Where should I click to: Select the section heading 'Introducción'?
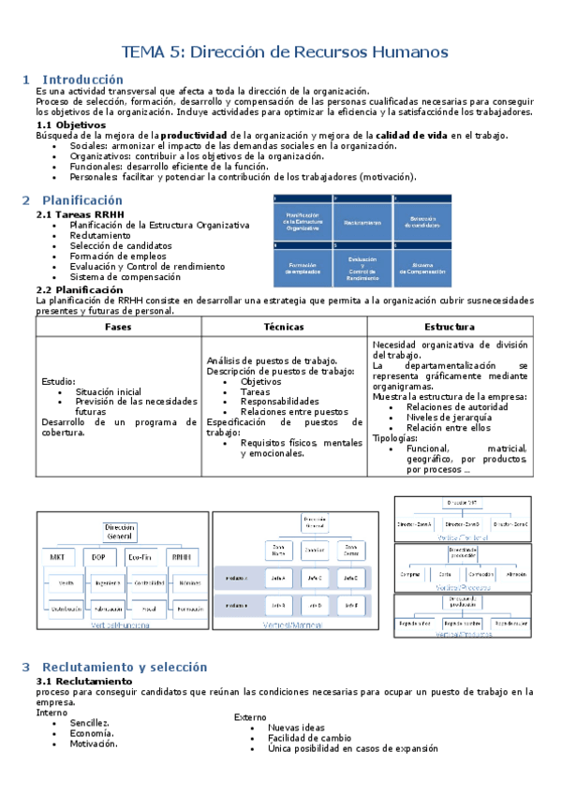[82, 80]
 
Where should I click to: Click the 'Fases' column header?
[93, 327]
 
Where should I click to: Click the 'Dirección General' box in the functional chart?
[120, 532]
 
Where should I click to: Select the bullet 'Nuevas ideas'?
[296, 728]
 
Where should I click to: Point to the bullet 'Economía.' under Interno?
[93, 733]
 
